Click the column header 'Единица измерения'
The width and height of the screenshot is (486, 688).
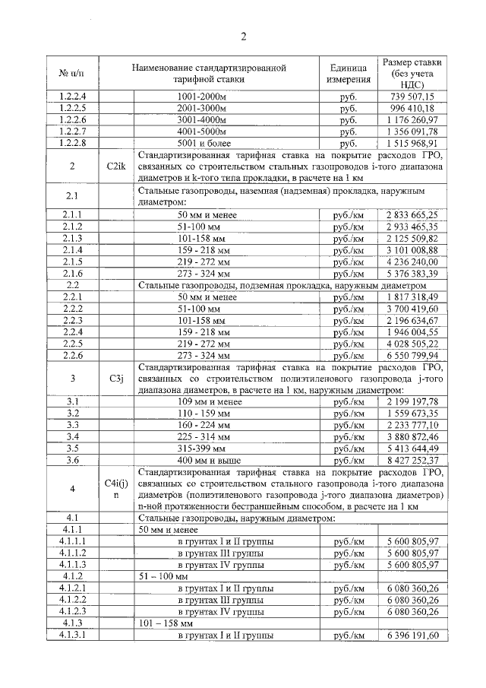349,73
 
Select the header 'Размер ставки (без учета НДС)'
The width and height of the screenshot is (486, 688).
412,73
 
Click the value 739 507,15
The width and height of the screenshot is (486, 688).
412,97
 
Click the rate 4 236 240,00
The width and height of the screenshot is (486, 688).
412,262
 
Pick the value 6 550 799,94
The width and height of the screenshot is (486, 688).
412,354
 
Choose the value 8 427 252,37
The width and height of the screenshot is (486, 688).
412,459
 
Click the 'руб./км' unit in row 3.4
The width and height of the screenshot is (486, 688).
349,436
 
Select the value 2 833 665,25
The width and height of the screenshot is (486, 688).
412,215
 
